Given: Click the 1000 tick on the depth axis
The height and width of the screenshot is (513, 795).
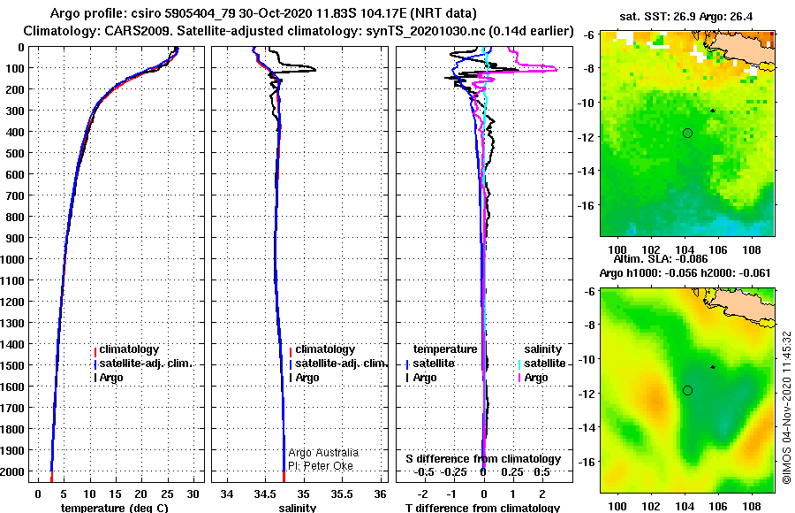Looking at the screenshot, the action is tap(12, 259).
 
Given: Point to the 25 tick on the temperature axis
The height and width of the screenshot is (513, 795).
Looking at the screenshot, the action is tap(167, 494).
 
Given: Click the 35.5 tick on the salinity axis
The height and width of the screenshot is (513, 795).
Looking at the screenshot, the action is tap(342, 494).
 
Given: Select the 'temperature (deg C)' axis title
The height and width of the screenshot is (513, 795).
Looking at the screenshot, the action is tap(114, 508).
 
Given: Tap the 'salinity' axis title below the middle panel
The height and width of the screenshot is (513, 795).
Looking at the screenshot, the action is tap(297, 508).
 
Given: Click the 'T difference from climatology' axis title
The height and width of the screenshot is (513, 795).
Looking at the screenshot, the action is tap(482, 508).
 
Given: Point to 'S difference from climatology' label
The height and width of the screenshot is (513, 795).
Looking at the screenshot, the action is tap(483, 459).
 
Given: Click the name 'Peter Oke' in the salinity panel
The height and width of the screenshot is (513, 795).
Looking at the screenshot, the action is tap(328, 466).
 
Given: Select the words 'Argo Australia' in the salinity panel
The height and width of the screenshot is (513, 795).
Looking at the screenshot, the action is tap(323, 453).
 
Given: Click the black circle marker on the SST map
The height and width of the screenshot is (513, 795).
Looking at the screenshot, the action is tap(687, 133).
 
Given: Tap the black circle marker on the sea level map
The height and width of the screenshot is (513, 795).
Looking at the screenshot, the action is tap(687, 391).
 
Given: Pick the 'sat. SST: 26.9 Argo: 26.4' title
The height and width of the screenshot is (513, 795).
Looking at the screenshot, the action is tap(686, 16).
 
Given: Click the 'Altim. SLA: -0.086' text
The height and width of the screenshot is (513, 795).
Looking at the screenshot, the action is tap(660, 259).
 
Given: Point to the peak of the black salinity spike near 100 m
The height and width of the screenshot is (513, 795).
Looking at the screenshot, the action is tap(315, 70).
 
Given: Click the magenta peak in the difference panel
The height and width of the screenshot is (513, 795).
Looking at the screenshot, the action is tap(557, 69).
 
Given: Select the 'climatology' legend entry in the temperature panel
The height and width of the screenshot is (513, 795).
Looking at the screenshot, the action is tap(129, 349).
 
